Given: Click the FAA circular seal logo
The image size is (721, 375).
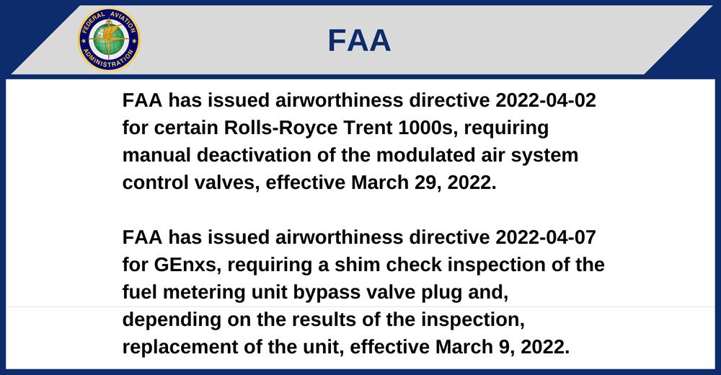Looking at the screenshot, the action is click(109, 40).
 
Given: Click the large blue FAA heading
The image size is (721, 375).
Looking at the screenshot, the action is click(359, 40).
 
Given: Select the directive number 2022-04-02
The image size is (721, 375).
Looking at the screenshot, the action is click(545, 100).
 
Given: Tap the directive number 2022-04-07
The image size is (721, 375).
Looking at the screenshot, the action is click(545, 237).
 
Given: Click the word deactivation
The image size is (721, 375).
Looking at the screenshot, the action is click(254, 155).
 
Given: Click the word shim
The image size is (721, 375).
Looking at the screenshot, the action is click(358, 265).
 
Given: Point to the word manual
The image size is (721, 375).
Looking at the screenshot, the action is click(156, 155).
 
